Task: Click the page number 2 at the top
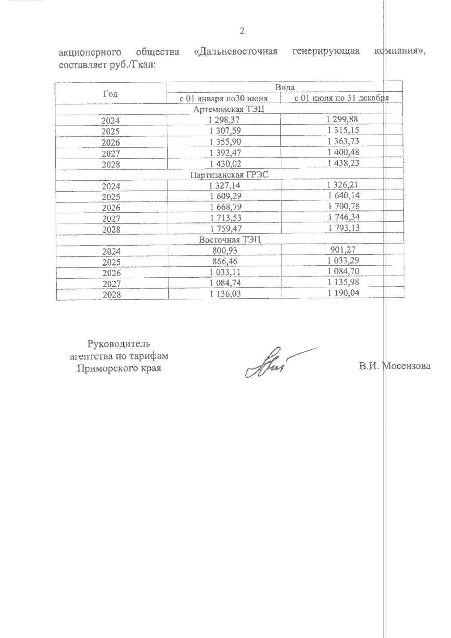242,31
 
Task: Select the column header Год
110,94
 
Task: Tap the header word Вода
285,87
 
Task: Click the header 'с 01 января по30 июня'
224,98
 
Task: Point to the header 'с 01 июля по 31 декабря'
341,98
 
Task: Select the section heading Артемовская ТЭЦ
229,109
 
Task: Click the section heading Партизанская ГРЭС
229,175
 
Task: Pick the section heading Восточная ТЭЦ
230,240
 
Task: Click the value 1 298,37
224,120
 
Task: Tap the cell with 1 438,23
343,163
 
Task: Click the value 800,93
224,251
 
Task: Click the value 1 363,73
343,141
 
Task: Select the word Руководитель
119,344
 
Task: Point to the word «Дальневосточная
236,52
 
